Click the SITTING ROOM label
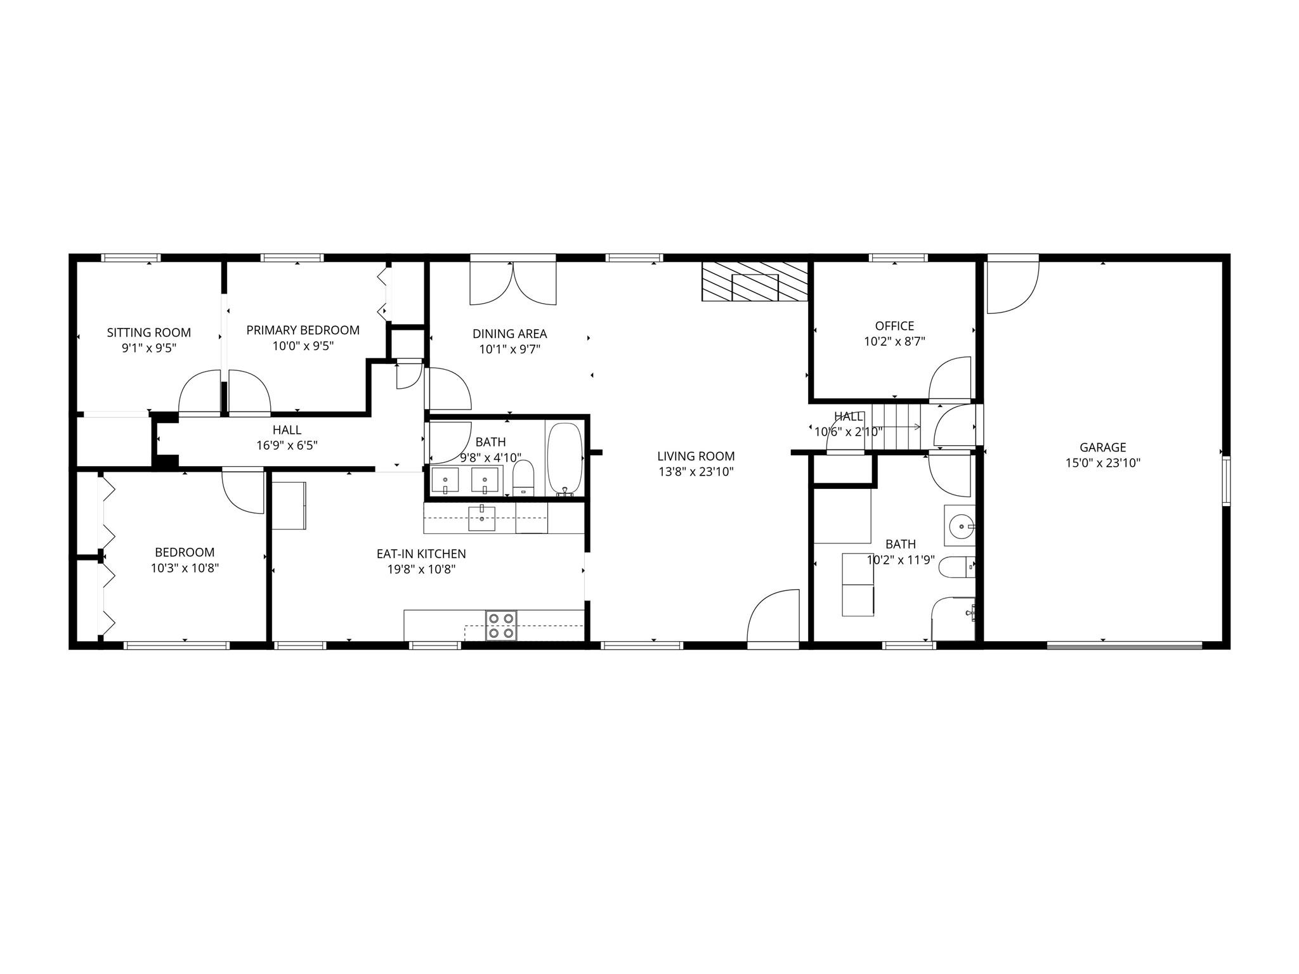point(149,332)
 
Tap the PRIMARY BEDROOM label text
point(303,330)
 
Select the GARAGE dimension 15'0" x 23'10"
point(1103,463)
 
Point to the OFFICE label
point(894,326)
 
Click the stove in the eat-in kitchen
point(501,625)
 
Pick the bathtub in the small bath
point(565,458)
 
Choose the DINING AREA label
point(510,334)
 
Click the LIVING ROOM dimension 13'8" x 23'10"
point(696,472)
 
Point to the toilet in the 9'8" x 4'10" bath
point(523,477)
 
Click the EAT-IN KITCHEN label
point(421,554)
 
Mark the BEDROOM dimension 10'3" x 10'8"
point(185,568)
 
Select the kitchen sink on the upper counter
point(482,517)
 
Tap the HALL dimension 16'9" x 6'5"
point(287,446)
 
